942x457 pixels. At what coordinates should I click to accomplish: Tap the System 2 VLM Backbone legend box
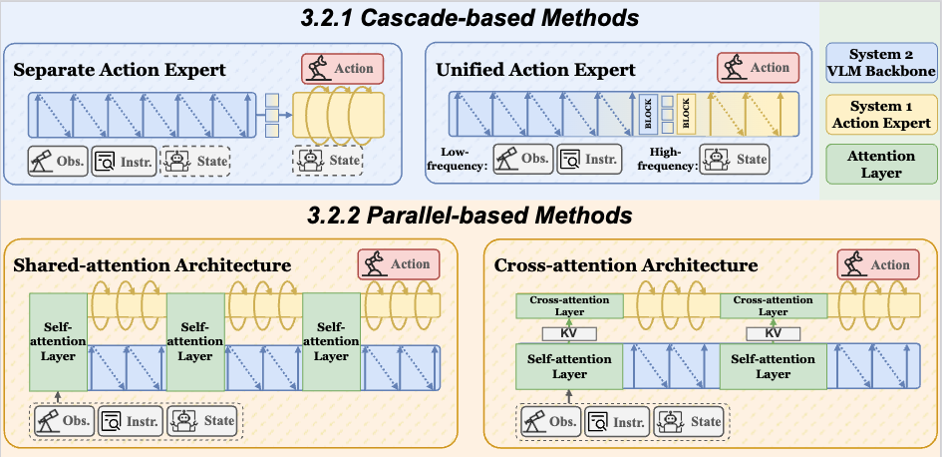click(x=882, y=62)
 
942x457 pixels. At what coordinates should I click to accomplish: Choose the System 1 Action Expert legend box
click(x=882, y=115)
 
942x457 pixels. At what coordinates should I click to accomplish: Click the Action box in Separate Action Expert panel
click(x=342, y=69)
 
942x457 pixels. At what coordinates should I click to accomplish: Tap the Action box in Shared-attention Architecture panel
click(x=398, y=264)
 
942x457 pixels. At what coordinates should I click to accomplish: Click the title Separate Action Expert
click(x=120, y=71)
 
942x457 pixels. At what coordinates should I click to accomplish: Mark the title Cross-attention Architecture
click(x=626, y=266)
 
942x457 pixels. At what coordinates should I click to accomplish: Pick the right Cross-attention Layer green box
click(x=774, y=305)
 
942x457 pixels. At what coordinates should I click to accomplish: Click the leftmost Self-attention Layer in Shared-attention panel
click(x=59, y=341)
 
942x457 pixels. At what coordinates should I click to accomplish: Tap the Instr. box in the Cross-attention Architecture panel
click(x=615, y=422)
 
